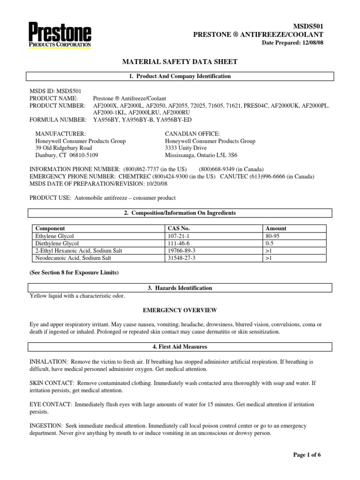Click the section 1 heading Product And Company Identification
coord(180,76)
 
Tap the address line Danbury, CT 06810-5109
coord(67,155)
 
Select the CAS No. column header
coord(179,229)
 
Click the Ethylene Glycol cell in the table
coord(55,236)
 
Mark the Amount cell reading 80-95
coord(271,236)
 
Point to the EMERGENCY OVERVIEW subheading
coord(180,310)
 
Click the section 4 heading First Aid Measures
coord(180,347)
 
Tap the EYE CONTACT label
coord(50,405)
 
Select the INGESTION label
coord(46,426)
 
